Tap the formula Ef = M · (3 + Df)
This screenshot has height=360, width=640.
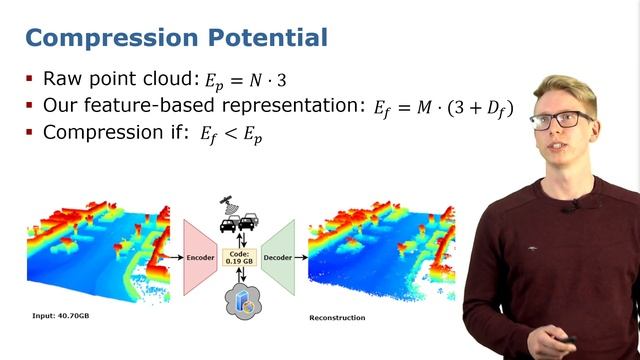point(443,107)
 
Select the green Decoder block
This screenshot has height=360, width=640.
point(279,256)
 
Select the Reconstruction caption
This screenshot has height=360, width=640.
point(337,317)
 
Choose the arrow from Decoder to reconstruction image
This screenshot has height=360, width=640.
point(301,256)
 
